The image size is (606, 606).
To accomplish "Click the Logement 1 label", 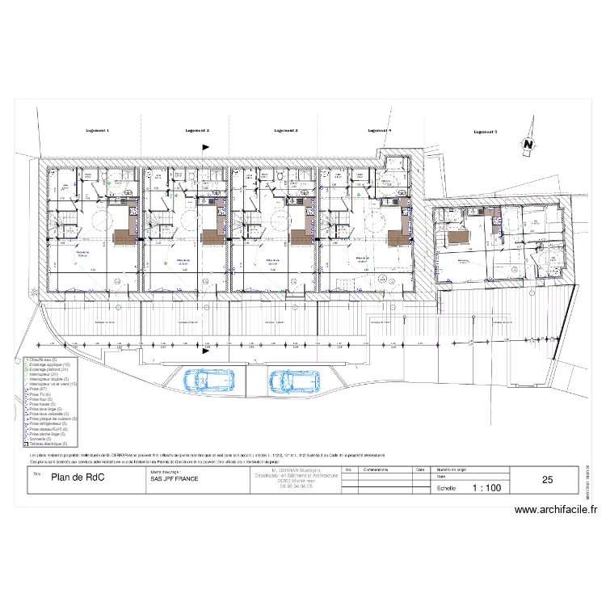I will [x=98, y=130].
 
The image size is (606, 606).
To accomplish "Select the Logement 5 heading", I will [x=485, y=130].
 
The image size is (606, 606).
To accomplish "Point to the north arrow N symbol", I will [x=528, y=144].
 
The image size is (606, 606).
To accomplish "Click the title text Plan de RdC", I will [x=78, y=478].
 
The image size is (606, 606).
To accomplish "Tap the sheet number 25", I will [x=548, y=480].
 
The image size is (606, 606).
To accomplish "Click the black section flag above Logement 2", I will [x=205, y=147].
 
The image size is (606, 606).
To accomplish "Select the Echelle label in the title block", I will [x=446, y=488].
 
